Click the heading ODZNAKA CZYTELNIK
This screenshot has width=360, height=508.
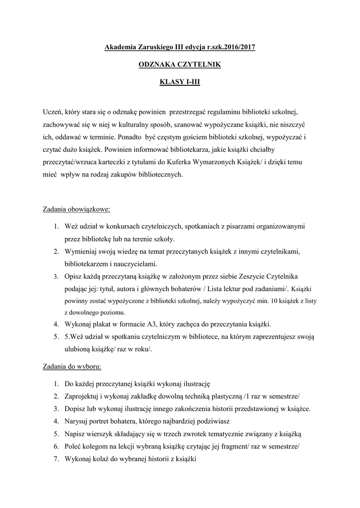179,64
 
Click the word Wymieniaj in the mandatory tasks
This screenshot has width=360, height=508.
80,252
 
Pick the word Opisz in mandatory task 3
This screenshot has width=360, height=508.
73,276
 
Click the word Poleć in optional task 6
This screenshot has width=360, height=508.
74,446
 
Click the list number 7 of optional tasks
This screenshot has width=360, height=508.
56,459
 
